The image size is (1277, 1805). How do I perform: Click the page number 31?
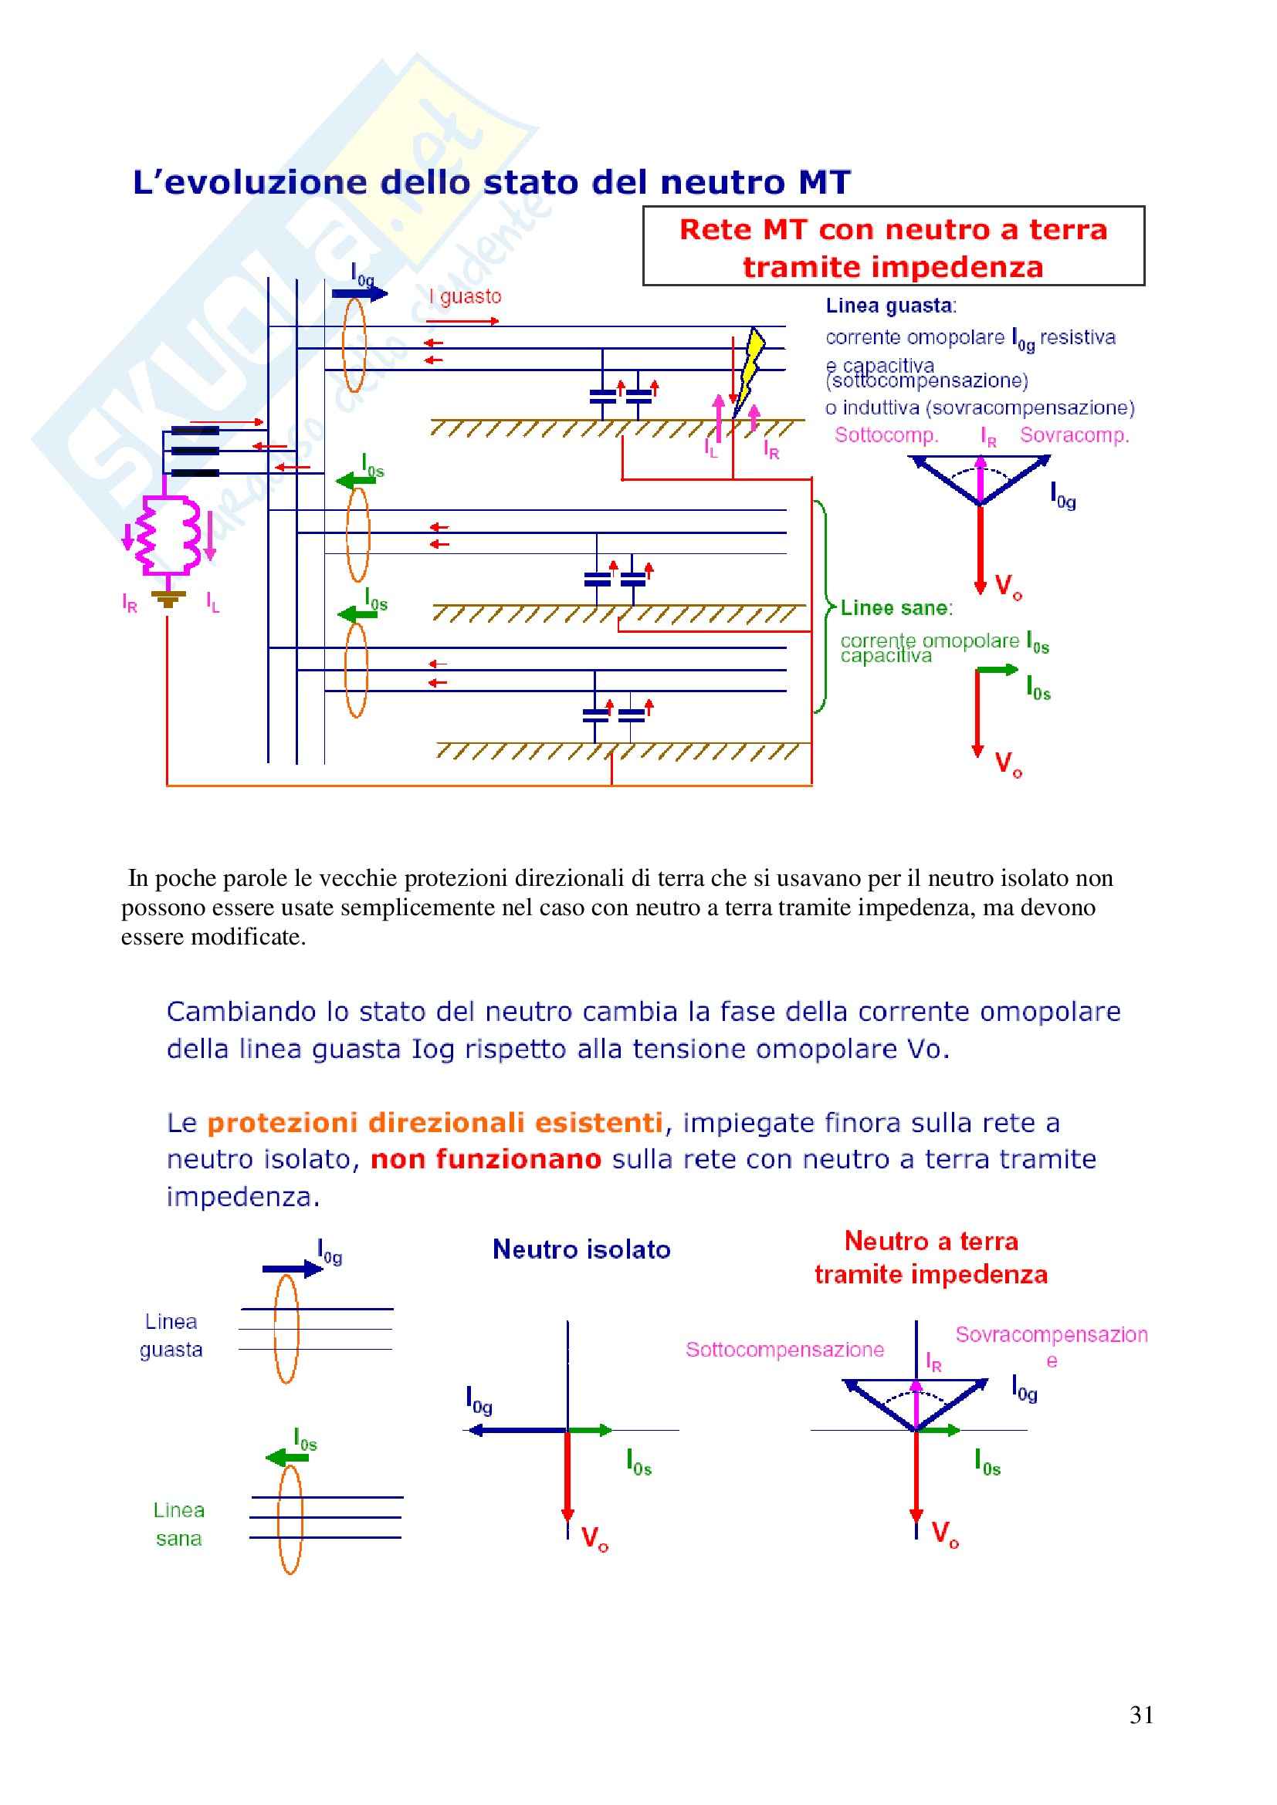pyautogui.click(x=1141, y=1714)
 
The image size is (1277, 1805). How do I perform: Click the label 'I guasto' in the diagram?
pyautogui.click(x=465, y=296)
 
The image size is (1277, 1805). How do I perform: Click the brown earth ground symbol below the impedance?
pyautogui.click(x=168, y=599)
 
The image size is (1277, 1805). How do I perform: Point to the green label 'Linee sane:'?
pyautogui.click(x=896, y=607)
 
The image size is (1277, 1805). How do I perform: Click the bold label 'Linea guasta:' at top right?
pyautogui.click(x=890, y=306)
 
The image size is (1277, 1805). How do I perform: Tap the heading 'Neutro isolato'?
pyautogui.click(x=581, y=1249)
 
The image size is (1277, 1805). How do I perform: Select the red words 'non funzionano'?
pyautogui.click(x=485, y=1159)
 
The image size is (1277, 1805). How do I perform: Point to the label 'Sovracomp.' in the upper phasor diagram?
pyautogui.click(x=1074, y=434)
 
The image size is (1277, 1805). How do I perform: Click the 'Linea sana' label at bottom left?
pyautogui.click(x=178, y=1523)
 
